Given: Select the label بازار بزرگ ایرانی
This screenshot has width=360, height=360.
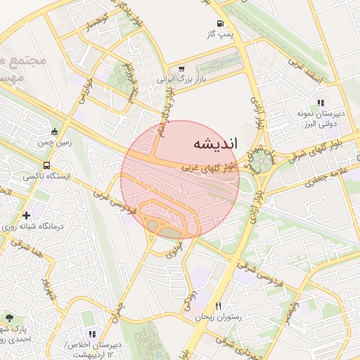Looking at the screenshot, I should pyautogui.click(x=172, y=79).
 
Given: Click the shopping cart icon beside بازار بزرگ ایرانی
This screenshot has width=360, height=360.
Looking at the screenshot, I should pyautogui.click(x=182, y=69).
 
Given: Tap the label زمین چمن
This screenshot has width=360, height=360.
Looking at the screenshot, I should pyautogui.click(x=56, y=141).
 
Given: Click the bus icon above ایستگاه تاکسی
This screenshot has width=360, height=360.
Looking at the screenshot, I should pyautogui.click(x=46, y=166).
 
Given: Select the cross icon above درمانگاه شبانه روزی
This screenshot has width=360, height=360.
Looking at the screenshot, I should pyautogui.click(x=26, y=215).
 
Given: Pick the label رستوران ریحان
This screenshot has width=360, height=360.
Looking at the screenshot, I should pyautogui.click(x=218, y=317).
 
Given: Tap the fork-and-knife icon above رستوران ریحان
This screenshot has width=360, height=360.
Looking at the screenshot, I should pyautogui.click(x=219, y=306).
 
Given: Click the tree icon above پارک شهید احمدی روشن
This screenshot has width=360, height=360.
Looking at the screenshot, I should pyautogui.click(x=8, y=319).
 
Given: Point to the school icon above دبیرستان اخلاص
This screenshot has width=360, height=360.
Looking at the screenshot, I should pyautogui.click(x=91, y=334).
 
